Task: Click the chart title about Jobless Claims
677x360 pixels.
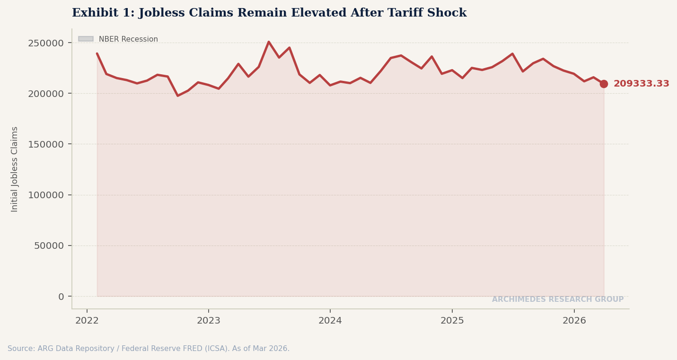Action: [269, 13]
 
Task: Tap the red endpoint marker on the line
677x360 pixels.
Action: [604, 84]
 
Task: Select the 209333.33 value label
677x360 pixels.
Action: [641, 84]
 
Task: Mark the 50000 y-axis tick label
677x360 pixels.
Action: [49, 246]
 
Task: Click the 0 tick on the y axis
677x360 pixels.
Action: [61, 297]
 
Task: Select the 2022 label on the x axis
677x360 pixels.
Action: [87, 321]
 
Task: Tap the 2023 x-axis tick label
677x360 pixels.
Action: [209, 321]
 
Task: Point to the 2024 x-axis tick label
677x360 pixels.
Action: [330, 321]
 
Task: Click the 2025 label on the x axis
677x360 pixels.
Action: [452, 321]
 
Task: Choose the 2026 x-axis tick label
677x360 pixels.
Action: [574, 321]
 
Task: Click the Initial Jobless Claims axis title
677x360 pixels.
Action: [15, 169]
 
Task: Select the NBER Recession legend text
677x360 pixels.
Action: [128, 39]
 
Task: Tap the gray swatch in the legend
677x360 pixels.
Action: [86, 39]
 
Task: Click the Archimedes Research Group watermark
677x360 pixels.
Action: [557, 299]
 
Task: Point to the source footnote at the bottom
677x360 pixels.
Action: [149, 349]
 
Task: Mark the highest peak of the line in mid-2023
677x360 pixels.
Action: [268, 42]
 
